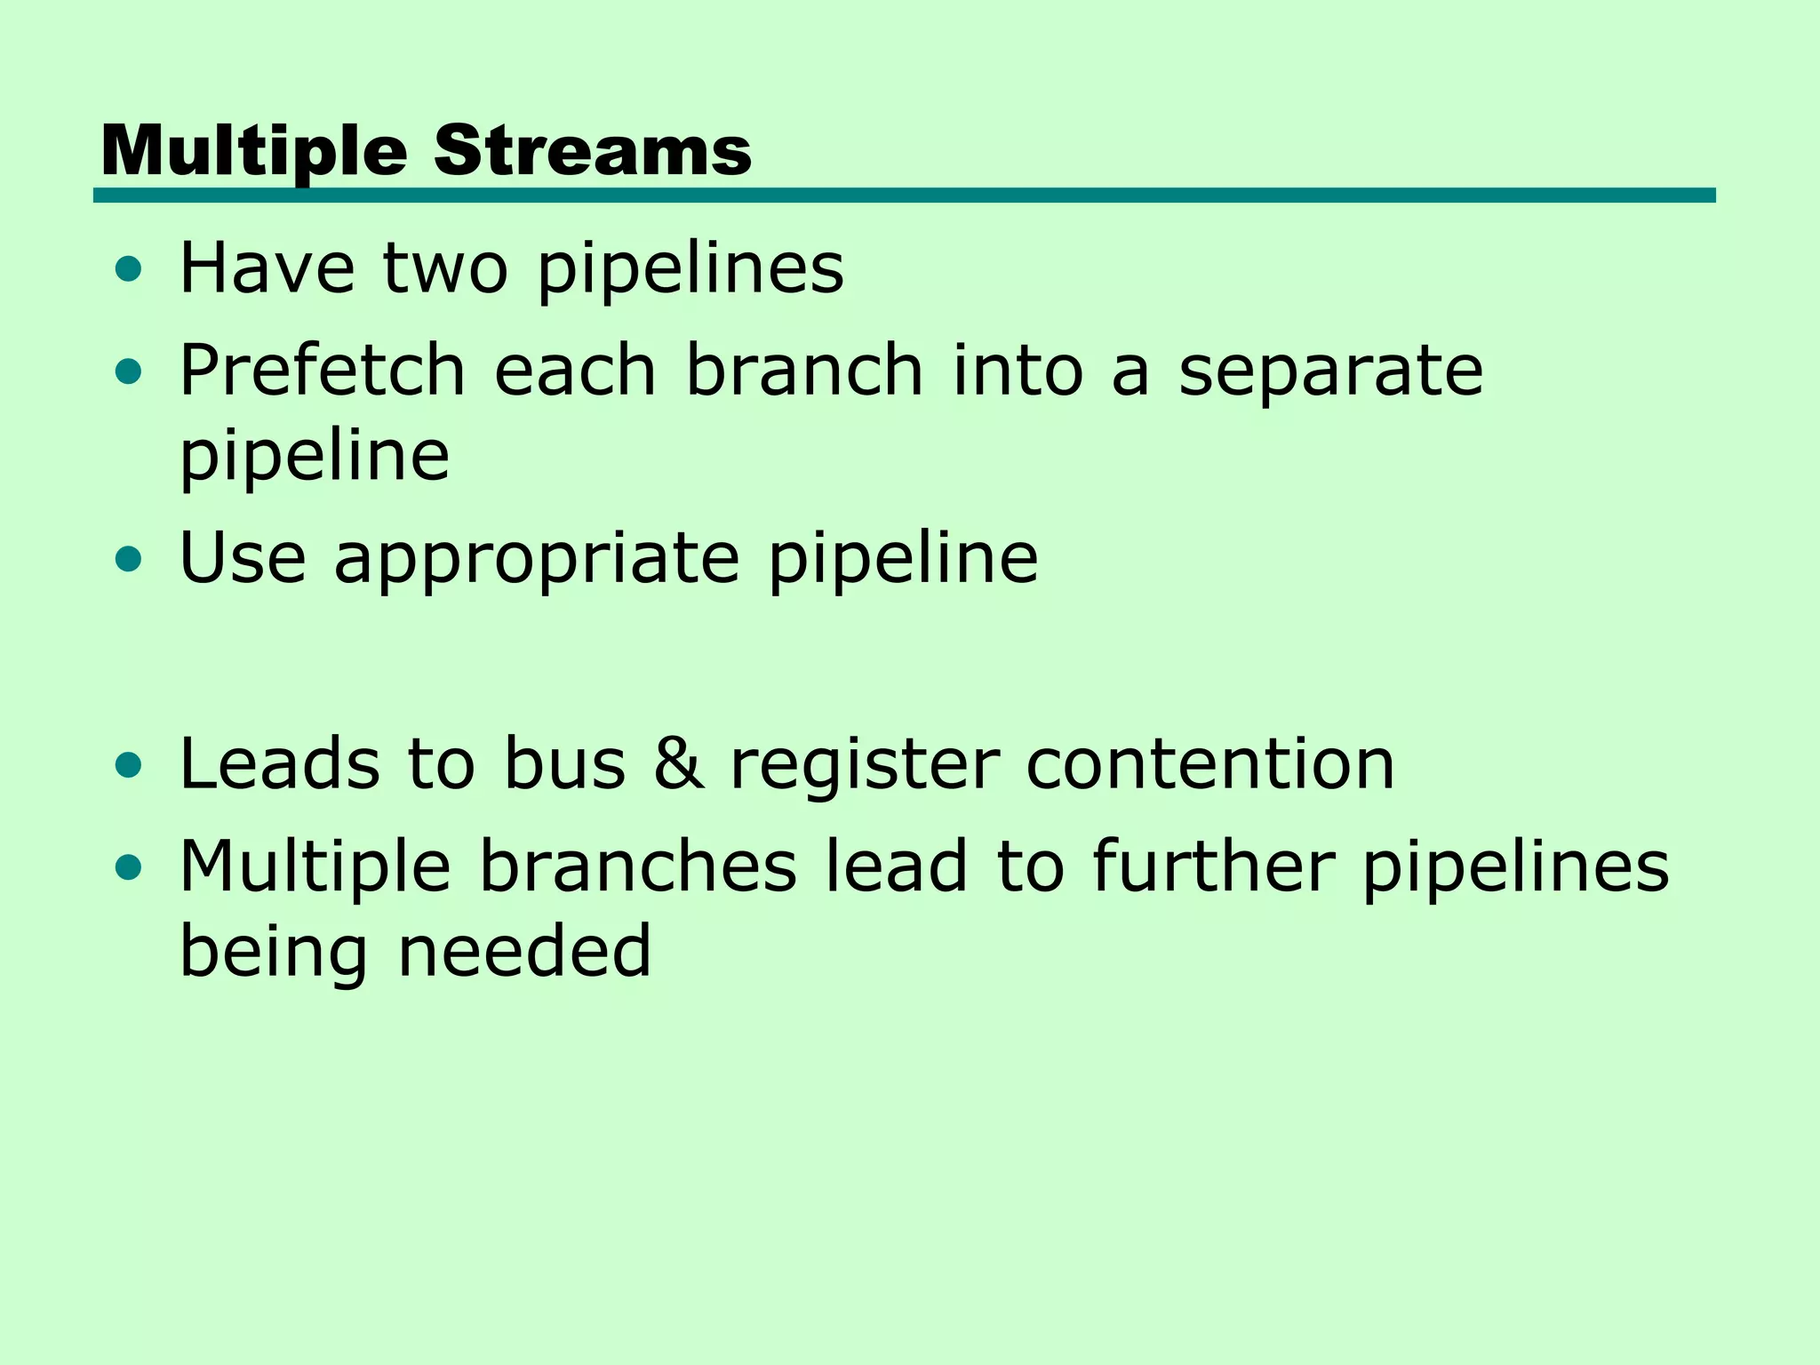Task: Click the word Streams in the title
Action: (x=592, y=150)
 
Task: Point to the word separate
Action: (x=1330, y=371)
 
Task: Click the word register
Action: (x=865, y=767)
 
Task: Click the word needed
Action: (x=524, y=951)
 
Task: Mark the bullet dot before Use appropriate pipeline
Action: (x=129, y=559)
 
